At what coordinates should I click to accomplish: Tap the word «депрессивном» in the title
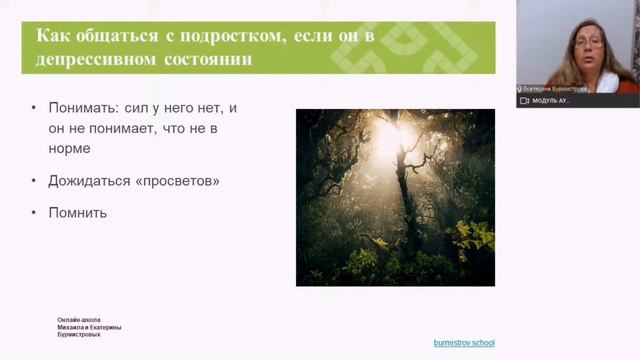(x=97, y=59)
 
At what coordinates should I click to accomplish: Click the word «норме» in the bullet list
(x=69, y=149)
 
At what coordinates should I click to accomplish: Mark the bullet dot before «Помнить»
(x=35, y=212)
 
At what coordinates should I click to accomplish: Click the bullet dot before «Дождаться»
(x=35, y=181)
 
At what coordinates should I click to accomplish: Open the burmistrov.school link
(x=464, y=343)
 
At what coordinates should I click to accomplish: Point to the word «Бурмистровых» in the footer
(x=79, y=335)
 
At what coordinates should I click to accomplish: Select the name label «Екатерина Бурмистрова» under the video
(x=556, y=88)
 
